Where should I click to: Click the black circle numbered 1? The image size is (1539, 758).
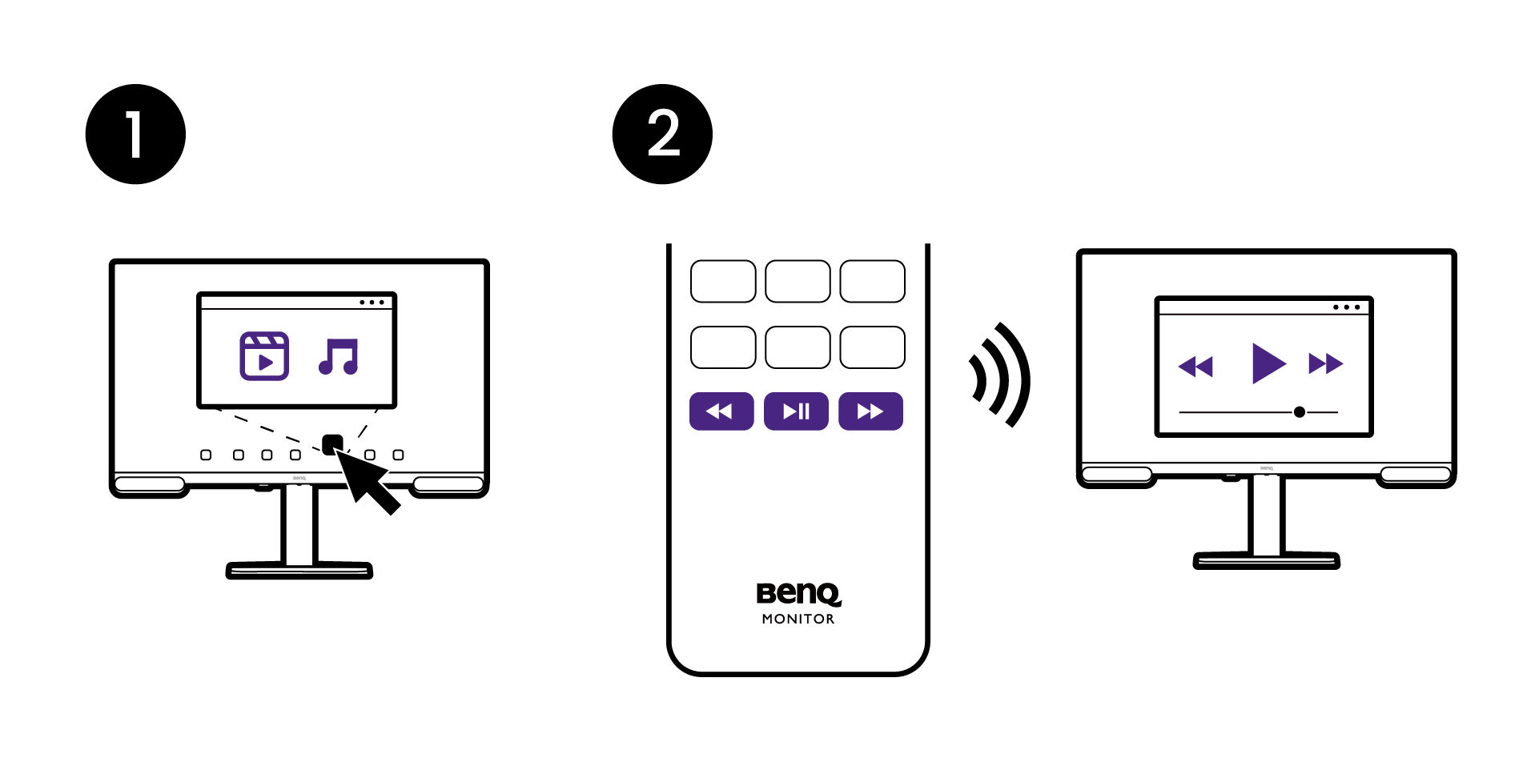tap(135, 134)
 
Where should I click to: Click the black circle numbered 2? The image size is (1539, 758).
tap(662, 134)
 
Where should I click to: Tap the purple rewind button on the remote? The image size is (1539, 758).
tap(721, 411)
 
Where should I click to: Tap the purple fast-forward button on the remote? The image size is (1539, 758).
tap(870, 411)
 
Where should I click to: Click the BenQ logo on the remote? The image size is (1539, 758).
tap(798, 593)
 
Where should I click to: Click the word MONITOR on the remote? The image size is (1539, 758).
tap(798, 619)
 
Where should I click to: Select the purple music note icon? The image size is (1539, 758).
tap(339, 357)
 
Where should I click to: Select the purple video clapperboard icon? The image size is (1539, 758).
tap(264, 356)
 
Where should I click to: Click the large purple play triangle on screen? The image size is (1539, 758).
tap(1268, 363)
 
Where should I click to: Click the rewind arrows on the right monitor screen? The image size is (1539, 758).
tap(1195, 366)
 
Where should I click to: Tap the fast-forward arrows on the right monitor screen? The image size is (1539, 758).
tap(1325, 363)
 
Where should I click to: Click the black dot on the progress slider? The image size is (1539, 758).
tap(1300, 412)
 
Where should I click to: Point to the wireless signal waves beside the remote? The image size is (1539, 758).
tap(1001, 375)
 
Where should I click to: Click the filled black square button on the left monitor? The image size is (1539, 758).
tap(332, 444)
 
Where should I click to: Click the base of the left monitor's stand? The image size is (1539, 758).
tap(299, 570)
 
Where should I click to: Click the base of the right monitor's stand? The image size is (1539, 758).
tap(1266, 560)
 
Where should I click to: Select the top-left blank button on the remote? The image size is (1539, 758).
tap(723, 281)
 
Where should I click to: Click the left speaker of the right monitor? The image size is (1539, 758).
tap(1116, 475)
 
